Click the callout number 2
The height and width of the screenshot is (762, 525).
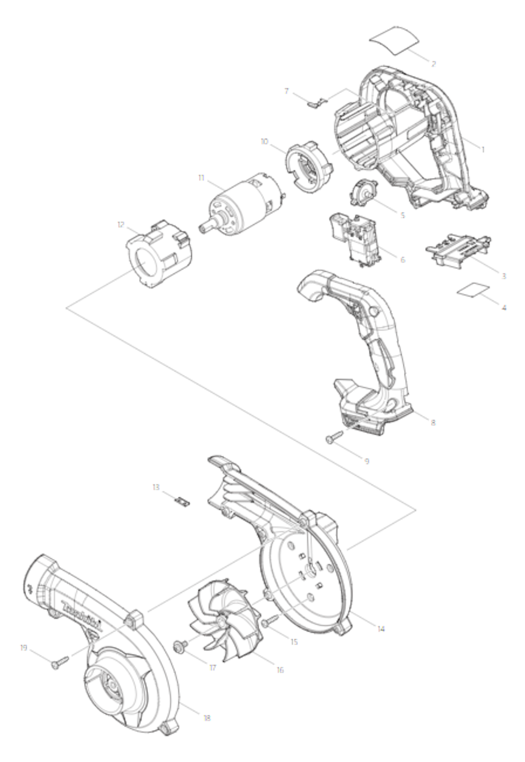[433, 64]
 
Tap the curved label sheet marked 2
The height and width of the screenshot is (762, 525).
[394, 41]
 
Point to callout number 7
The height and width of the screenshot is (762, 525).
[287, 91]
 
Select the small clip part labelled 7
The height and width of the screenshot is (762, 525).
[316, 103]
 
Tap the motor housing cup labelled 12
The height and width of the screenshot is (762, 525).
[158, 253]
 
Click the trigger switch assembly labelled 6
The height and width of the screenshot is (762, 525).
[353, 240]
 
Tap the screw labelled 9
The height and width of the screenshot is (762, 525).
[334, 437]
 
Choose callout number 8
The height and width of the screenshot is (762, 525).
[433, 423]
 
